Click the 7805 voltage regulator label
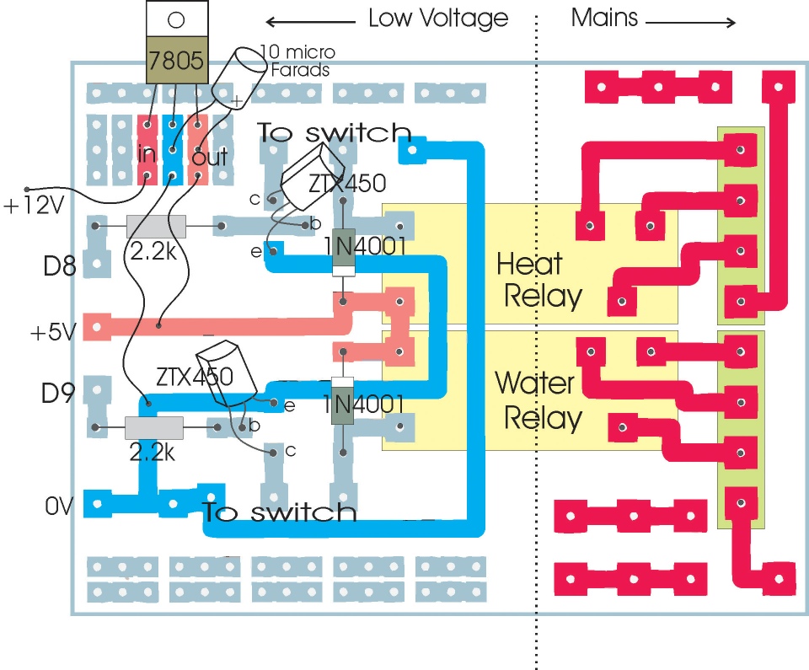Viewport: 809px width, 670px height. (x=176, y=61)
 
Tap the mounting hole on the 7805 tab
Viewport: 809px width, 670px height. (x=176, y=20)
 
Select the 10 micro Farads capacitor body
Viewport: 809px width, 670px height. (x=238, y=74)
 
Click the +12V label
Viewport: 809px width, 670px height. (x=34, y=206)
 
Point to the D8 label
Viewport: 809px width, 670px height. (x=59, y=266)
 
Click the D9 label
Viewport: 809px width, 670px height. (x=58, y=394)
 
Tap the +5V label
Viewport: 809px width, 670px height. (x=53, y=332)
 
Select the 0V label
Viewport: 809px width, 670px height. (x=59, y=507)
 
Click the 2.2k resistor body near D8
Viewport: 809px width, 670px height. (x=157, y=226)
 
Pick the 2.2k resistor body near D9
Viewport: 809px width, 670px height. (x=154, y=427)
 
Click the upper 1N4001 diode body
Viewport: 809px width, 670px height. (x=343, y=252)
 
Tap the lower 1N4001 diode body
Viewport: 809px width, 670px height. (x=342, y=401)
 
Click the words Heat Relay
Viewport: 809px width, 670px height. (x=539, y=279)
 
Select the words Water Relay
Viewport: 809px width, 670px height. (x=538, y=400)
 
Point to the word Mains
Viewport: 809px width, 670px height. (x=605, y=18)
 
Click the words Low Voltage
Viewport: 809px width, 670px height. (x=438, y=19)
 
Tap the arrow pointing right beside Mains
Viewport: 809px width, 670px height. (x=690, y=22)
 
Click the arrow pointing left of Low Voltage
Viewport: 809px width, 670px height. (x=311, y=22)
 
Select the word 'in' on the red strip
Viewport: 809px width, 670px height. (x=147, y=153)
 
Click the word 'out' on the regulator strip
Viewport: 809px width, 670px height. (x=210, y=156)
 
